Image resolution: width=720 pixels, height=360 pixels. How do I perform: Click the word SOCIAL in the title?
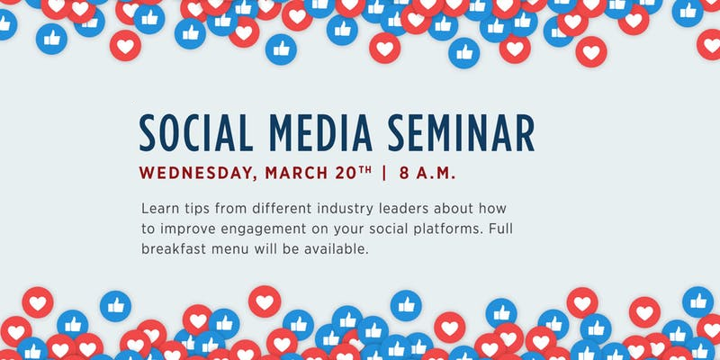click(196, 133)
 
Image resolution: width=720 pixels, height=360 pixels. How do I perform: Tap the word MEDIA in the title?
click(320, 133)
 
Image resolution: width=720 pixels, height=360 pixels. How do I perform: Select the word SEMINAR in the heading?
click(462, 133)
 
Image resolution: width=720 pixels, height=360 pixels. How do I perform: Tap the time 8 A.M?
click(427, 173)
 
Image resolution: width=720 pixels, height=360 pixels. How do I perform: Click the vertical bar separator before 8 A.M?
click(384, 173)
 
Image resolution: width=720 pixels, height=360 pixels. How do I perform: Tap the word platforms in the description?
click(443, 229)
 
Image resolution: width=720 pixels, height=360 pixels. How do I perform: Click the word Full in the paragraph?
click(500, 229)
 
